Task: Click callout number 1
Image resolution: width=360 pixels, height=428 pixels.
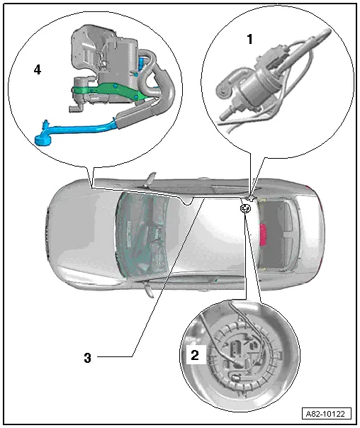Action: (x=249, y=39)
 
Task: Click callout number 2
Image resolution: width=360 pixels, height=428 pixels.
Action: (x=195, y=356)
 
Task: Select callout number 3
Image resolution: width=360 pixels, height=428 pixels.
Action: (x=87, y=358)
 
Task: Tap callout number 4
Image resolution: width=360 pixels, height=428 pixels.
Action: (x=38, y=69)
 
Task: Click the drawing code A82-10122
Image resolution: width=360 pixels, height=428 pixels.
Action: (x=325, y=414)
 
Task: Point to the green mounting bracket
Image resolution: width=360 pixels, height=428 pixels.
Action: (x=109, y=91)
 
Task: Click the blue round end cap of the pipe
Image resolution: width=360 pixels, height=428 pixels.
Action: (x=43, y=140)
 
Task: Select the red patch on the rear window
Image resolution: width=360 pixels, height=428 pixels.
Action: (x=263, y=235)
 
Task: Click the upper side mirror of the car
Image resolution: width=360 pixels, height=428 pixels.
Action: (x=150, y=179)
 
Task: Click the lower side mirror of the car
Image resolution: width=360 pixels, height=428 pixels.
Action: (x=150, y=290)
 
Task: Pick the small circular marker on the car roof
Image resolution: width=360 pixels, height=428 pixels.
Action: (x=244, y=208)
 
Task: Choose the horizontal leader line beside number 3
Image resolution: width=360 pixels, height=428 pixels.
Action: (x=114, y=356)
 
